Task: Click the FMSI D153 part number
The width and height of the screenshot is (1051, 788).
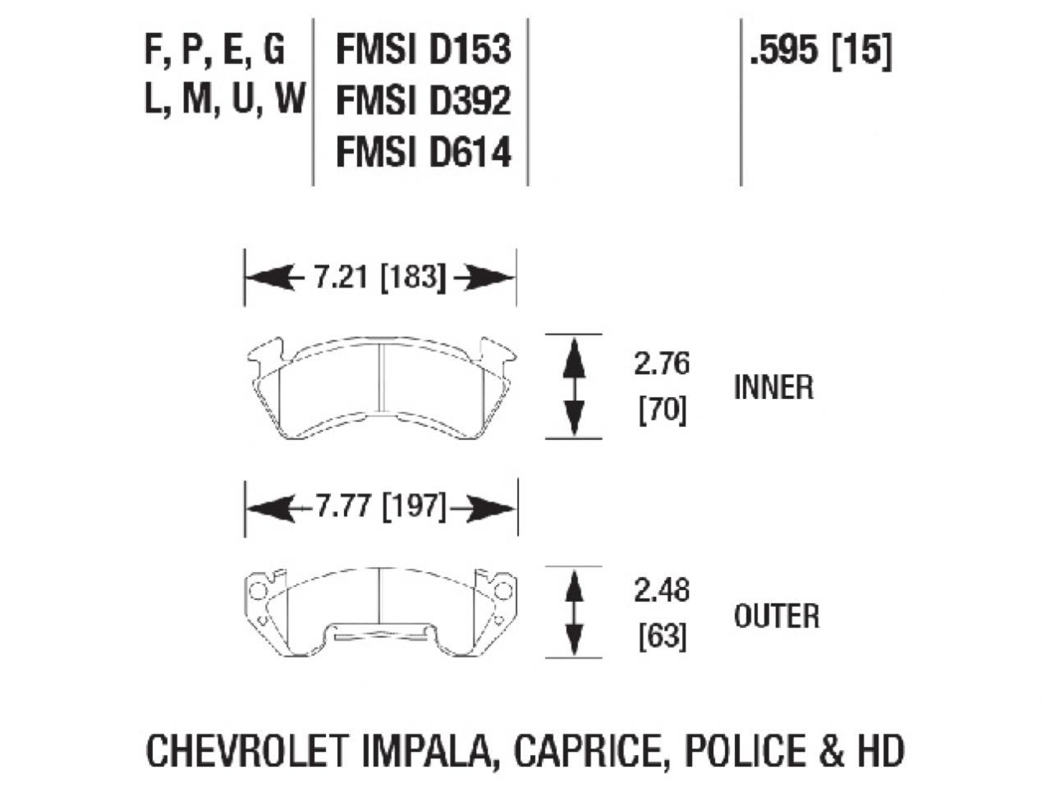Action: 423,51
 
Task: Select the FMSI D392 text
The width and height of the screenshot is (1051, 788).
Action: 423,102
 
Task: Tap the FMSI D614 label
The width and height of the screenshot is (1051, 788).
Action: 423,153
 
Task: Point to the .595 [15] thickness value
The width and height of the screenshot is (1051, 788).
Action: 819,52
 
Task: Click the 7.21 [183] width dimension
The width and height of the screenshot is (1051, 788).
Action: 379,278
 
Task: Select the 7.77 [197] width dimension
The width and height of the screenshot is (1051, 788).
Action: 381,508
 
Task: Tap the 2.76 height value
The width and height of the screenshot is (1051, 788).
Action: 662,364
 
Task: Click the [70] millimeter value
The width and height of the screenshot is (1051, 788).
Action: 662,410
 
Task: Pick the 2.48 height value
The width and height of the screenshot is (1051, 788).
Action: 662,591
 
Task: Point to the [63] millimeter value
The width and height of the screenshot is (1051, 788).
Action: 662,637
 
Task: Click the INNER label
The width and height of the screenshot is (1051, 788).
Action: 773,387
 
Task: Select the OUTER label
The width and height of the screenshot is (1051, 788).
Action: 776,616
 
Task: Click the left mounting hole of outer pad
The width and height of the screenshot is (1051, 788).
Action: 256,589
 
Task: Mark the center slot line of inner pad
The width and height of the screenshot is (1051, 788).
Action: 383,377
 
